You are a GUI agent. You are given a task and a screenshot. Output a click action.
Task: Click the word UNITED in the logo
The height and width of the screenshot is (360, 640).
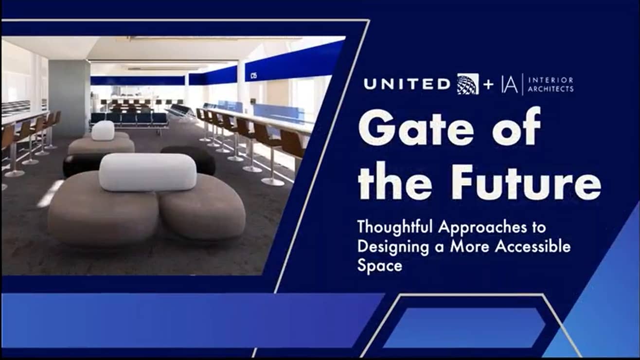(407, 84)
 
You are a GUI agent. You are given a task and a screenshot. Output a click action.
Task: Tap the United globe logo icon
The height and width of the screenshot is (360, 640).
(468, 84)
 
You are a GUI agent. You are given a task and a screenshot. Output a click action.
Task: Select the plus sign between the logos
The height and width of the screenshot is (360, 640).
(488, 85)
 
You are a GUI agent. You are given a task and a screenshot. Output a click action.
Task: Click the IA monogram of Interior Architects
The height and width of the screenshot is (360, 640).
(510, 84)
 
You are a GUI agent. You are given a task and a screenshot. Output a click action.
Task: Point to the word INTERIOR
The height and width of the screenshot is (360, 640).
(551, 80)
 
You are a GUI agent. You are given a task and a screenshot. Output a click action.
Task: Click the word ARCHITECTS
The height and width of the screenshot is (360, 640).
(551, 89)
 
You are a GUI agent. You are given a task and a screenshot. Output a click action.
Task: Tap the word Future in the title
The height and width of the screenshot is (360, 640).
(526, 182)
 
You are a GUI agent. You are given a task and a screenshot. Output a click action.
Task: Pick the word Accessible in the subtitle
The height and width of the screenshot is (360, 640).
(533, 247)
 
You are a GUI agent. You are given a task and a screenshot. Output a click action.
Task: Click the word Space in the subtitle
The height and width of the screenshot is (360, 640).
(380, 266)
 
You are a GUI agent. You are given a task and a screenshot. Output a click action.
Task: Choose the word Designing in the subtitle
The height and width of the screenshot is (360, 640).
(393, 247)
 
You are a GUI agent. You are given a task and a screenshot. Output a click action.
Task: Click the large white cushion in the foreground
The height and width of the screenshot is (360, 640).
(148, 172)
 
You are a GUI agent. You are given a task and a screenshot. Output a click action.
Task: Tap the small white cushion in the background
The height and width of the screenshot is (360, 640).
(103, 130)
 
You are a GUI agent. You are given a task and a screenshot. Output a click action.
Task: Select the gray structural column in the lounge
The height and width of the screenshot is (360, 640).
(69, 99)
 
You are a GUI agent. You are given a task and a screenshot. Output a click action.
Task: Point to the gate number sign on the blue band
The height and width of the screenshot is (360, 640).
(253, 76)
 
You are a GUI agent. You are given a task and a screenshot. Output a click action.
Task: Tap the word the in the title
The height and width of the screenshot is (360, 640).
(395, 182)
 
